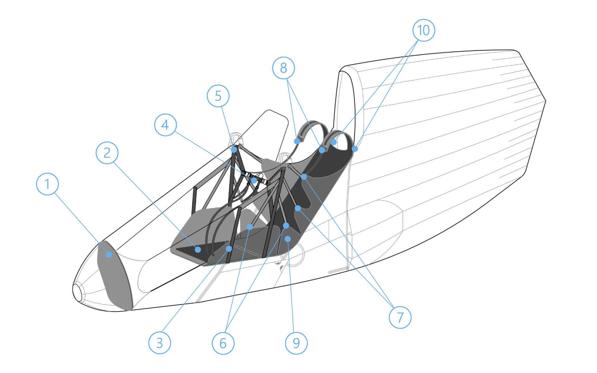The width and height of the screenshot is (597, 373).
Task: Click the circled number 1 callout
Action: pyautogui.click(x=47, y=184)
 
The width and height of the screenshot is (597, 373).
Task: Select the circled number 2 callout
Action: pyautogui.click(x=107, y=153)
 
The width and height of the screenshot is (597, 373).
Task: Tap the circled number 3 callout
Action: pyautogui.click(x=160, y=343)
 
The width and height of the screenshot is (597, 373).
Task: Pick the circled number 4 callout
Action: pyautogui.click(x=165, y=125)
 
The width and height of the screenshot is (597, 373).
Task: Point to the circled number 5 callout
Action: pyautogui.click(x=218, y=96)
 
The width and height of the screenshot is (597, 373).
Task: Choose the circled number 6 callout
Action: pyautogui.click(x=223, y=343)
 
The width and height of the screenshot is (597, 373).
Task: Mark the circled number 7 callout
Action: pyautogui.click(x=400, y=317)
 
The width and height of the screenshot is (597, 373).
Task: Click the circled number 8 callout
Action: pyautogui.click(x=284, y=68)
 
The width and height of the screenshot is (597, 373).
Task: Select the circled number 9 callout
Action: pyautogui.click(x=296, y=343)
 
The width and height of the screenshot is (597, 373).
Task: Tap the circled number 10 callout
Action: pyautogui.click(x=424, y=30)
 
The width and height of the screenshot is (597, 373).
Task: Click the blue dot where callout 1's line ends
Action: pyautogui.click(x=109, y=255)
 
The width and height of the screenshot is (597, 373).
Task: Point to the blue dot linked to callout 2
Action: pyautogui.click(x=198, y=249)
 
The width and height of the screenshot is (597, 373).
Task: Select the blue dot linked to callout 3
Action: pyautogui.click(x=229, y=248)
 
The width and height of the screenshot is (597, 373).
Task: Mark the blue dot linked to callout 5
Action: pyautogui.click(x=234, y=150)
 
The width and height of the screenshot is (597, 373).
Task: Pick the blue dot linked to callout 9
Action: pyautogui.click(x=288, y=239)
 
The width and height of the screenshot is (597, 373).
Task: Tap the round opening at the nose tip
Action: pyautogui.click(x=77, y=292)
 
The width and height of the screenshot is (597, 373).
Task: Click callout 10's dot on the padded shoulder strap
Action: pyautogui.click(x=334, y=142)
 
